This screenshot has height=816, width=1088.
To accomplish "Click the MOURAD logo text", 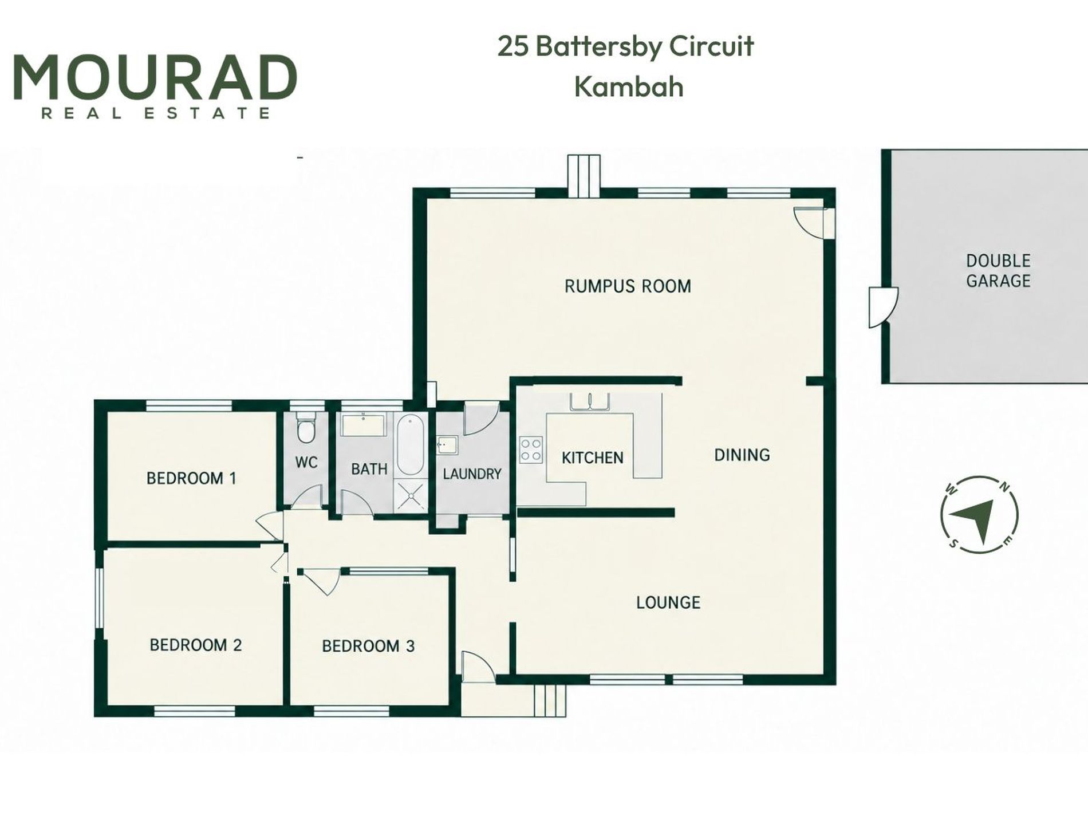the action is pos(155,77).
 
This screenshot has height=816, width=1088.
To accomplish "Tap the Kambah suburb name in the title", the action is pos(629,87).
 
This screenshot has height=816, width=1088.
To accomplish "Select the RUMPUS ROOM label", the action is pos(628,286).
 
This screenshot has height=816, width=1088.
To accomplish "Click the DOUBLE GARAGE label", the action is pos(998,271).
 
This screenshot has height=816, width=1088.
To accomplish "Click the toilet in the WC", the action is pos(306,427).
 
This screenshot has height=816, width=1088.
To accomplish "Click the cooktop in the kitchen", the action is pos(531,450).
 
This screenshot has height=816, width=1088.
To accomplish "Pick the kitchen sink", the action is pos(589,401).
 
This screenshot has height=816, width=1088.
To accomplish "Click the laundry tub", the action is pos(446,445).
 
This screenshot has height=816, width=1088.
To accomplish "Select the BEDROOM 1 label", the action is pos(191,478).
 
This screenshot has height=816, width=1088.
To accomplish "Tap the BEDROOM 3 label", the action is pos(368,646).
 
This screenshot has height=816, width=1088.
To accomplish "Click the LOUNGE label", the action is pos(668,602).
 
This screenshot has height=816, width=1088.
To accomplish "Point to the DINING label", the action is pos(742,455).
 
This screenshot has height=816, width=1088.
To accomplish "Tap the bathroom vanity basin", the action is pos(364,425).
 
